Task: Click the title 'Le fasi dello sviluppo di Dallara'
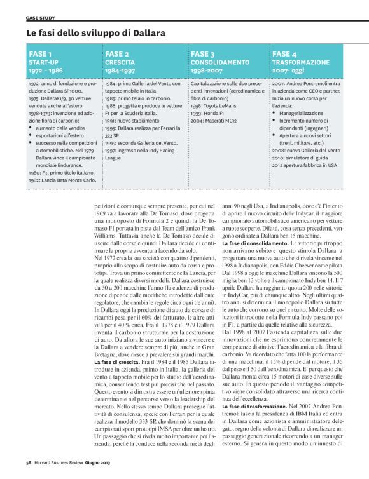click(x=96, y=32)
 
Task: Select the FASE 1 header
click(x=41, y=55)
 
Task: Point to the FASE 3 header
click(x=203, y=55)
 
